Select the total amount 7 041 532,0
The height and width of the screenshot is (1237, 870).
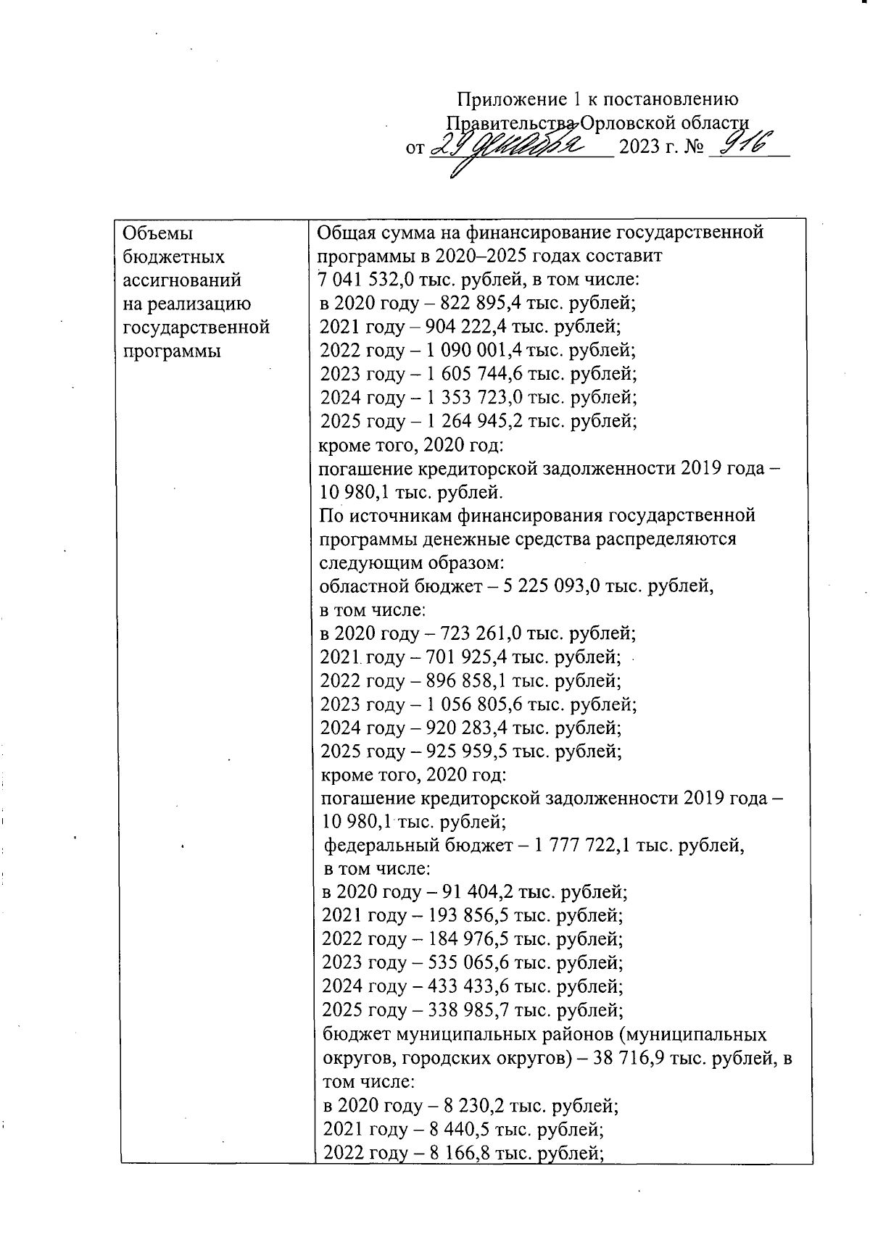(365, 280)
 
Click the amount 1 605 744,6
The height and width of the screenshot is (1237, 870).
(474, 374)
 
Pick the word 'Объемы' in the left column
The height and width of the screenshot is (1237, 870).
(159, 233)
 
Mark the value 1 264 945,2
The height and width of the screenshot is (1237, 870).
(474, 421)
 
